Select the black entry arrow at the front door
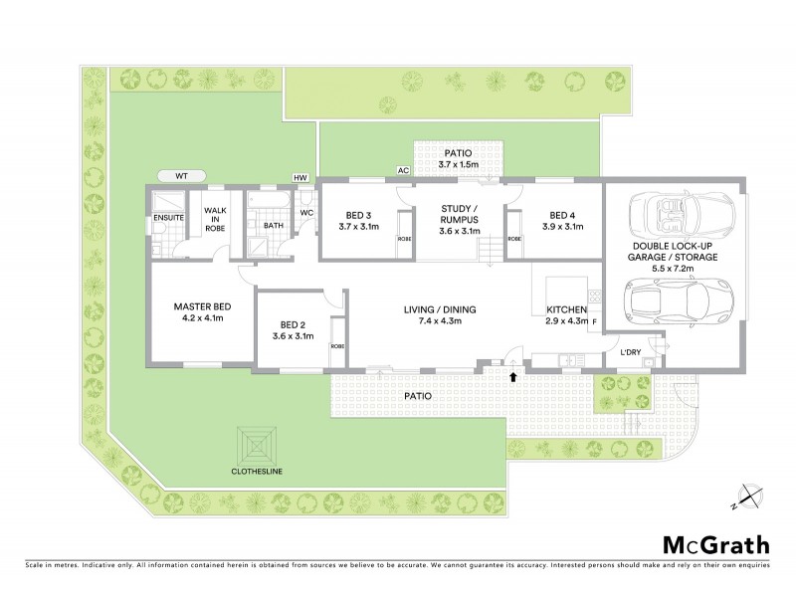click(513, 376)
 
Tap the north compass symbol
click(748, 495)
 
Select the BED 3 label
click(358, 215)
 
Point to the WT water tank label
click(181, 176)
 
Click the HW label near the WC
click(299, 177)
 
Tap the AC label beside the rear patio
click(403, 171)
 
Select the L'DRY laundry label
click(629, 352)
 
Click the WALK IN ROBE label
click(214, 219)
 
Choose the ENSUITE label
click(167, 217)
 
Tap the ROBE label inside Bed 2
click(337, 345)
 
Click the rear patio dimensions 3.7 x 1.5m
click(461, 164)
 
